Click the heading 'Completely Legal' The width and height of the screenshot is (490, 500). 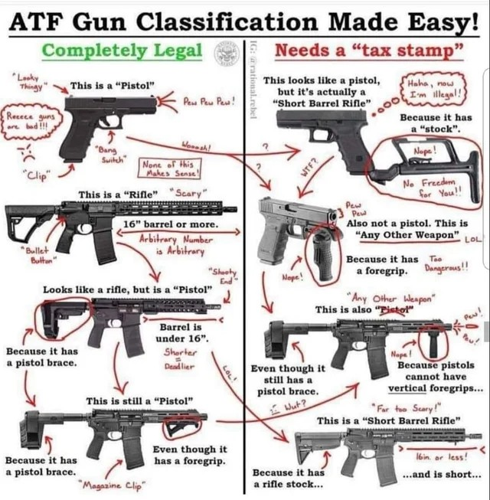(x=122, y=51)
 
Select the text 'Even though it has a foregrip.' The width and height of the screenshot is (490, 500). (x=189, y=455)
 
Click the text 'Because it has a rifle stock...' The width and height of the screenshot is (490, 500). (x=289, y=479)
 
